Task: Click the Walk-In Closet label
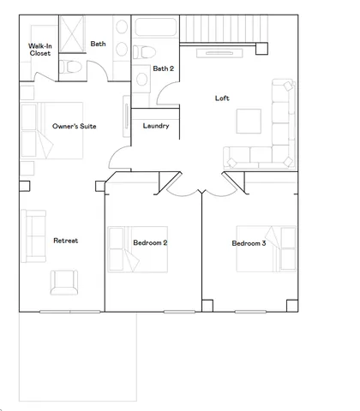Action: [39, 49]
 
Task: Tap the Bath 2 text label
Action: [162, 68]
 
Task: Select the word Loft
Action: [222, 98]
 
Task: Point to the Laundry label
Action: [155, 126]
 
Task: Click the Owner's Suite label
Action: [75, 126]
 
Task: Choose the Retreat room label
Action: [65, 241]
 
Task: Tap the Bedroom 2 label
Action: [150, 243]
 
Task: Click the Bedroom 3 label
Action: [249, 243]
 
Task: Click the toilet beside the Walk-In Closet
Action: [74, 66]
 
